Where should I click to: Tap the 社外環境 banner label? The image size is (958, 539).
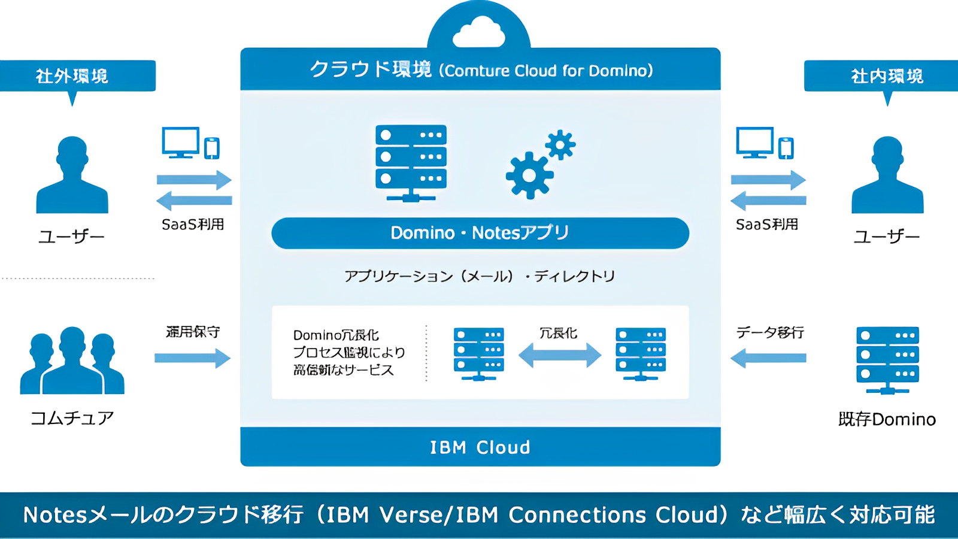click(72, 76)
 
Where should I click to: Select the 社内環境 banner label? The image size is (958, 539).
click(887, 76)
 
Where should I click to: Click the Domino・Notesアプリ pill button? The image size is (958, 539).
click(480, 233)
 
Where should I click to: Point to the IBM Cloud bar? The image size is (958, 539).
click(480, 447)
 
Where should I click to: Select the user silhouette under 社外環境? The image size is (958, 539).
click(72, 175)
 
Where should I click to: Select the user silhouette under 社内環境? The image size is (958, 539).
click(887, 175)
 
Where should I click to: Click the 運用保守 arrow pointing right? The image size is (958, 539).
click(192, 358)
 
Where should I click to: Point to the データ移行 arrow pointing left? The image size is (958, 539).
click(768, 358)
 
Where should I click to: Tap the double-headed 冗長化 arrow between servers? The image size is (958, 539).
click(559, 355)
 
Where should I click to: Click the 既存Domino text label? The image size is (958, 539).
click(887, 419)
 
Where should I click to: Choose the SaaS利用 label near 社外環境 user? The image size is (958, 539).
click(193, 225)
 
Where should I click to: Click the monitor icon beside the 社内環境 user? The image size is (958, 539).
click(754, 143)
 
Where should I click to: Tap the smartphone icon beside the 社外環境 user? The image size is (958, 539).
click(212, 148)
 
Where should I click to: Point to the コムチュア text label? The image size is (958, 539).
click(72, 418)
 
